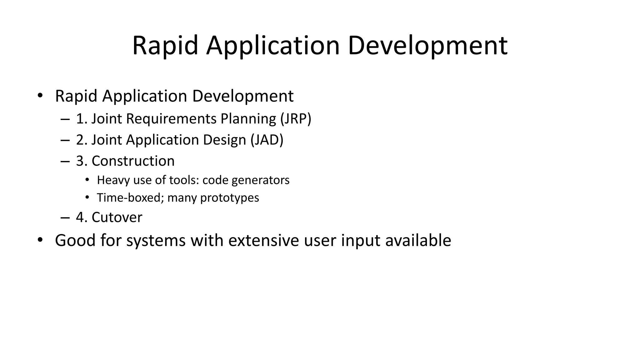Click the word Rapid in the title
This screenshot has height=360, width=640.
point(165,46)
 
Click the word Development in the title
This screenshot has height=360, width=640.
point(427,46)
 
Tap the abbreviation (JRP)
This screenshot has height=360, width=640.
point(296,119)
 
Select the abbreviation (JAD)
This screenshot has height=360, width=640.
point(267,140)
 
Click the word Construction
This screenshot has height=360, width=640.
point(133,161)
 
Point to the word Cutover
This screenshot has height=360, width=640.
point(117,217)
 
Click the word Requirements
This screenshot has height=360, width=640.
point(171,119)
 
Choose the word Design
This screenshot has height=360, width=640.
point(224,140)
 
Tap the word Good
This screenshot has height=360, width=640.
point(75,240)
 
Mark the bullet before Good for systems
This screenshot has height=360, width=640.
point(40,240)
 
